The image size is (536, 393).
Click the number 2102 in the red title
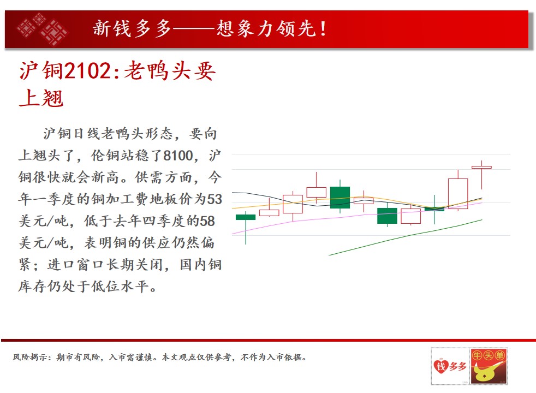(x=87, y=71)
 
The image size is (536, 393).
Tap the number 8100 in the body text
(x=178, y=156)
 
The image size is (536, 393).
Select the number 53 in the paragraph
(x=215, y=199)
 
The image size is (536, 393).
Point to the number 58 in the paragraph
(x=207, y=221)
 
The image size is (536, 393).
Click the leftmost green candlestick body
(x=246, y=217)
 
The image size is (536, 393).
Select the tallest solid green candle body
(x=340, y=198)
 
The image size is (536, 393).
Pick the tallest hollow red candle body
(x=458, y=193)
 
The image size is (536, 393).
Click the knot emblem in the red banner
(x=43, y=29)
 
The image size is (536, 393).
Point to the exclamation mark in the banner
(x=323, y=28)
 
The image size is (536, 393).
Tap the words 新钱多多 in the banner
(x=132, y=28)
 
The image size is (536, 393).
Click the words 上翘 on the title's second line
(x=41, y=98)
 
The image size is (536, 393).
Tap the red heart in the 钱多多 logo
(x=441, y=367)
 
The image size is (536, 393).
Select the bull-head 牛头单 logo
(x=489, y=366)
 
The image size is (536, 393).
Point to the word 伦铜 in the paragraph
(x=105, y=156)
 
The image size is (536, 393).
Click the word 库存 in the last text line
(x=32, y=287)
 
